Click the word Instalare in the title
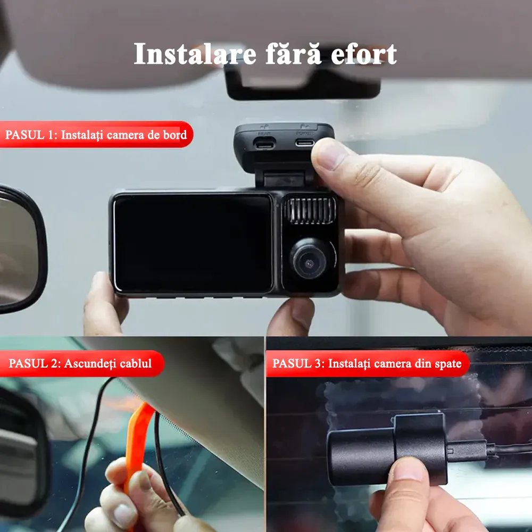195,54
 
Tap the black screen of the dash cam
193,243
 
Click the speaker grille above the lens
310,211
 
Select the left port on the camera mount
264,143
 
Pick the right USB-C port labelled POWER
304,142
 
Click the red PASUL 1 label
96,135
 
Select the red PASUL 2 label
81,363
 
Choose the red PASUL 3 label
368,363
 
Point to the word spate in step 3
447,364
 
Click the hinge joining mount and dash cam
284,179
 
